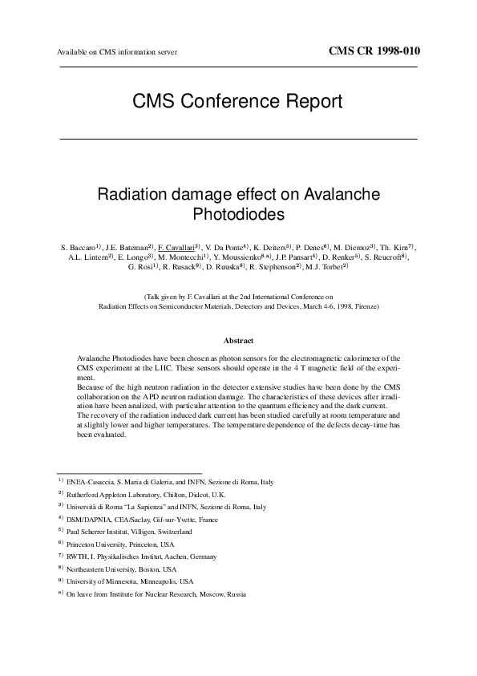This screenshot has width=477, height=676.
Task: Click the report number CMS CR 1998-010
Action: coord(374,51)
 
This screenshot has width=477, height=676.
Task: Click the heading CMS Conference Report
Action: coord(238,101)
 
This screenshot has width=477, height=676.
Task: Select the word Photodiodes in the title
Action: coord(239,214)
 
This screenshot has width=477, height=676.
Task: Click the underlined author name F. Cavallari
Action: coord(178,246)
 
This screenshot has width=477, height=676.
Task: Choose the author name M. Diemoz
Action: coord(353,246)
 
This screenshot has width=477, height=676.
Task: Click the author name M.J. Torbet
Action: coord(327,267)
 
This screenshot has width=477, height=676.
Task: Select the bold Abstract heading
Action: coord(238,341)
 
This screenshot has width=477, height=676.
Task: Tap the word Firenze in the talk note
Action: coord(364,306)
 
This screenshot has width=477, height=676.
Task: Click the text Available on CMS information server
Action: coord(117,53)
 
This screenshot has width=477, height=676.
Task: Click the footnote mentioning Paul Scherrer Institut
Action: coord(129,532)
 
